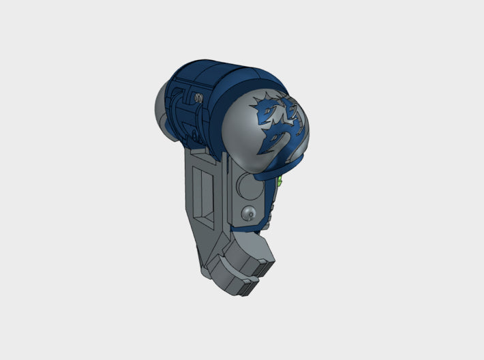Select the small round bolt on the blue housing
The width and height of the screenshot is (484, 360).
(198, 98)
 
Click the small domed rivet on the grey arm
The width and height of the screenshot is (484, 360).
(249, 212)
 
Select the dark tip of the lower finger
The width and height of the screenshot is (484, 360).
(250, 290)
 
